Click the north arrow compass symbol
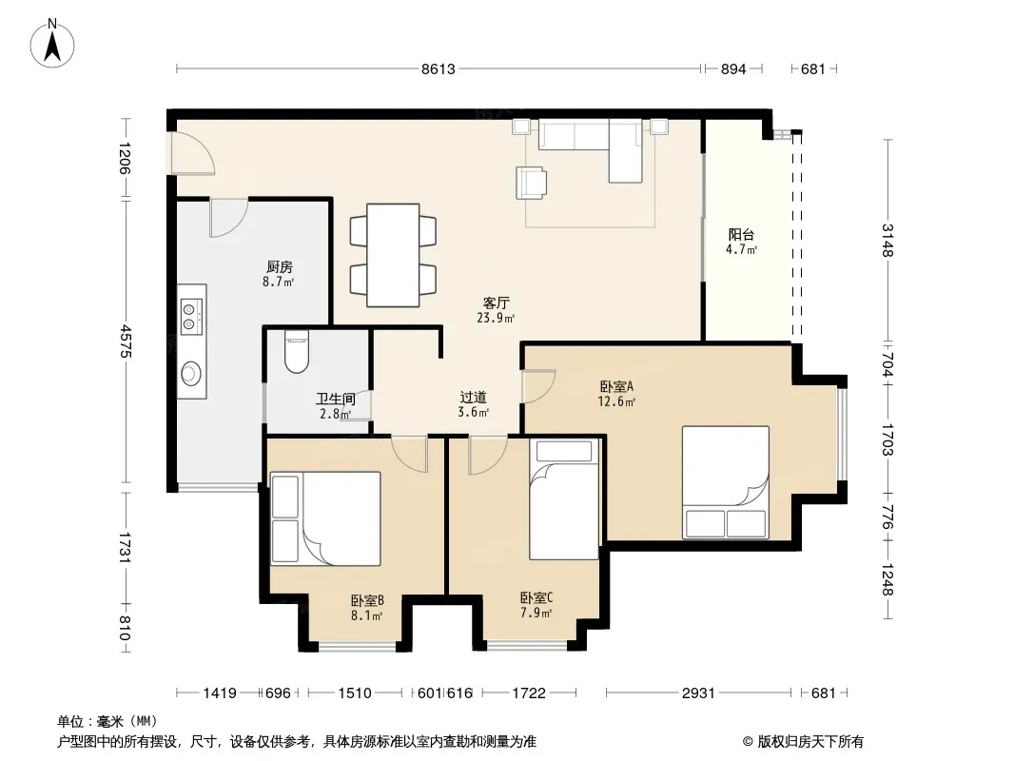tap(52, 43)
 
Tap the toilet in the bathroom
tap(297, 352)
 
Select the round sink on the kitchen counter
tap(190, 373)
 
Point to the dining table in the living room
tap(393, 255)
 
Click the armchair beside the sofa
tap(531, 183)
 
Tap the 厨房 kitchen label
tap(280, 266)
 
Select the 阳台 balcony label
tap(741, 235)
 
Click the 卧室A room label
tap(617, 386)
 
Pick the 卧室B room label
tap(367, 600)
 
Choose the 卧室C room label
tap(536, 598)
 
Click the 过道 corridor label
tap(474, 398)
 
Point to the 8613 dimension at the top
tap(439, 68)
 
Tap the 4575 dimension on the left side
tap(126, 341)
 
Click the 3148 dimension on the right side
tap(887, 241)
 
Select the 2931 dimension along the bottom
tap(698, 693)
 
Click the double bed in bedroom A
tap(726, 482)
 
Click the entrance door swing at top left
tap(191, 152)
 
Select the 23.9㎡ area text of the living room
tap(496, 318)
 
